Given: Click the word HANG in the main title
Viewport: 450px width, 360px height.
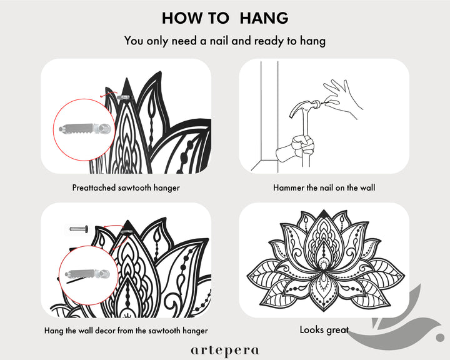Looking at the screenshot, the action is point(264,18).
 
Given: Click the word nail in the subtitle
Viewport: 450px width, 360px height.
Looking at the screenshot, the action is point(219,41).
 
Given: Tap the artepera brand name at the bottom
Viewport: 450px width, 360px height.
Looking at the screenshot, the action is point(225,351).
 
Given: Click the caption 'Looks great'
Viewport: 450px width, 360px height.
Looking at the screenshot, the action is point(324,330).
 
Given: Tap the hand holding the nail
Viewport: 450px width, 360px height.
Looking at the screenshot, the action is point(341,99).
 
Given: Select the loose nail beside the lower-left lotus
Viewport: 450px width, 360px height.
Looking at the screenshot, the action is point(79,229).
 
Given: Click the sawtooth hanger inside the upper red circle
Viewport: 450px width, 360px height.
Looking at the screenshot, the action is point(84,129).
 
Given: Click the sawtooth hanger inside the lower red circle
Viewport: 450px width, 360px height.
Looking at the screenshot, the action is point(87,274).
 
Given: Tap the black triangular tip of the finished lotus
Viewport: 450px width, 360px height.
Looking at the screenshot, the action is point(324,214).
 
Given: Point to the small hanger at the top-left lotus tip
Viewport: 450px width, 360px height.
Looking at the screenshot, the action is point(125,97).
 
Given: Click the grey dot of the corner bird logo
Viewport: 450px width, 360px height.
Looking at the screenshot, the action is point(440,337).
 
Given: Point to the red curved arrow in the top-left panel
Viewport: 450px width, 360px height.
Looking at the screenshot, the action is point(108,94).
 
